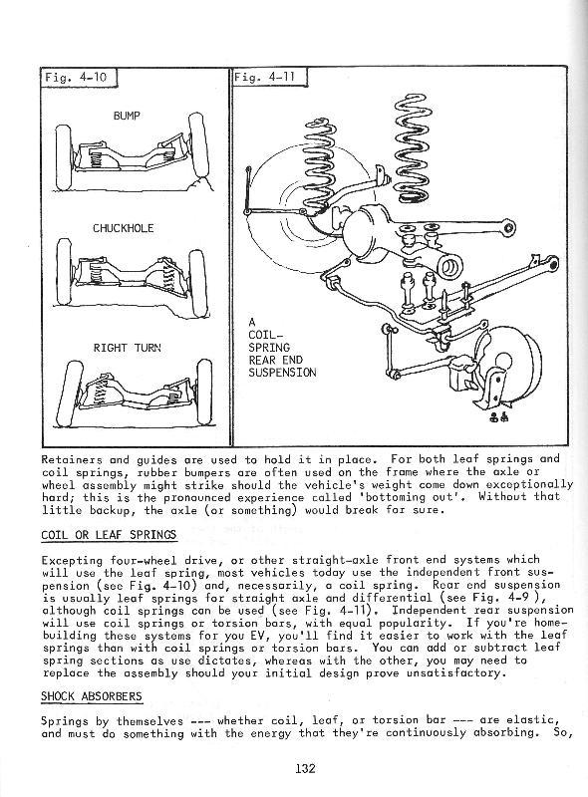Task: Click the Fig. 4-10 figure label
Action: click(76, 78)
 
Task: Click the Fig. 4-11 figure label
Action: click(264, 78)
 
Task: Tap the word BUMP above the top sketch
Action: click(127, 116)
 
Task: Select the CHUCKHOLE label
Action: click(124, 228)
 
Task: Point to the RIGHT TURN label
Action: click(127, 348)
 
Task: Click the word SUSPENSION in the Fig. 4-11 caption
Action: click(282, 373)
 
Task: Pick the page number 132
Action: click(305, 767)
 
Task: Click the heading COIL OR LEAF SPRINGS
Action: click(109, 535)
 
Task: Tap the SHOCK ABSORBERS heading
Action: click(92, 695)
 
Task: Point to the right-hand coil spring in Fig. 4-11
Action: click(412, 146)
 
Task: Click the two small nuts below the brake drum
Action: click(498, 417)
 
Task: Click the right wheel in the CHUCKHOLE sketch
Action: click(198, 283)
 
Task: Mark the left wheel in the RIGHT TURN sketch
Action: click(69, 394)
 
